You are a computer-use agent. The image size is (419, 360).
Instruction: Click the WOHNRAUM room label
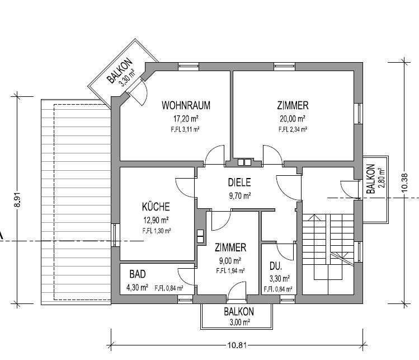click(186, 105)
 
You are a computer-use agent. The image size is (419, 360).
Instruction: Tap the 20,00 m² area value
click(293, 118)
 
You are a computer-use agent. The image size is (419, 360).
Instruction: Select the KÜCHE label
click(156, 207)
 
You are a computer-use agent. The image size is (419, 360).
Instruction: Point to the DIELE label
click(239, 183)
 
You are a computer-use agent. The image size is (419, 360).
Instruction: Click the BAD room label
click(138, 274)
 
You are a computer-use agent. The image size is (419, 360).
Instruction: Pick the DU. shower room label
click(276, 266)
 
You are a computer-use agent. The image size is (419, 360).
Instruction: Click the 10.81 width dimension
click(237, 345)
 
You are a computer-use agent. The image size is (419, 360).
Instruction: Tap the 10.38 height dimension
click(404, 183)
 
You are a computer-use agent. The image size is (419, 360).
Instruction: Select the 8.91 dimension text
click(17, 200)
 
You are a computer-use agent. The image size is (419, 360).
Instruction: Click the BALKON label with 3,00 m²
click(239, 312)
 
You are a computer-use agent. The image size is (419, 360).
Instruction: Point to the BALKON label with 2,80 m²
click(371, 179)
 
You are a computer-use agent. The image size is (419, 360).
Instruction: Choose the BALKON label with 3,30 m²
click(120, 71)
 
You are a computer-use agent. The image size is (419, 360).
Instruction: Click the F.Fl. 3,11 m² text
click(185, 130)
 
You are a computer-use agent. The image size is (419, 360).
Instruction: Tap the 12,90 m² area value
click(156, 220)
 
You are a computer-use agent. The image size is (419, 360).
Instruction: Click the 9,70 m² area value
click(239, 196)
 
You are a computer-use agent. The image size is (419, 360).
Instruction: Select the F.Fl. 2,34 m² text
click(293, 130)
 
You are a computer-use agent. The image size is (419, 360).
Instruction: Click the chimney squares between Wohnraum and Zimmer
click(244, 162)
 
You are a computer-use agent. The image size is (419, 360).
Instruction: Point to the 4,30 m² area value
click(137, 288)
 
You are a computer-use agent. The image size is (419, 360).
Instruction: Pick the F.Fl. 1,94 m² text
click(230, 271)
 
